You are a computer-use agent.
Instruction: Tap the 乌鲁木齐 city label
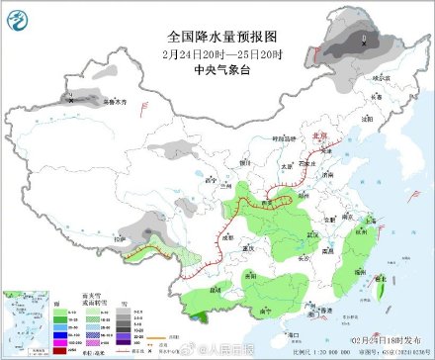[x=89, y=101]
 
